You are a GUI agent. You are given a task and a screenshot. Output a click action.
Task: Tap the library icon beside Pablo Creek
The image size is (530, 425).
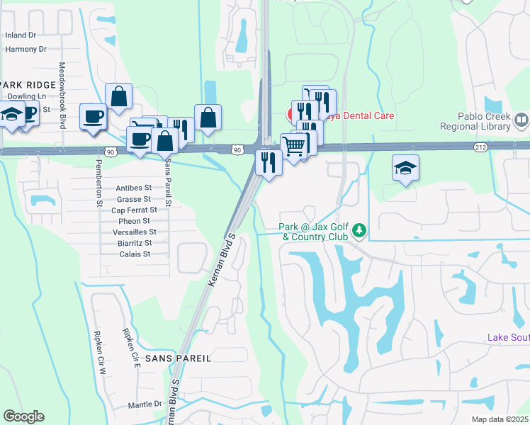click(522, 121)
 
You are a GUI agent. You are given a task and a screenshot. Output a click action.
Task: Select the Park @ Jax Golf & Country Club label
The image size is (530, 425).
click(312, 232)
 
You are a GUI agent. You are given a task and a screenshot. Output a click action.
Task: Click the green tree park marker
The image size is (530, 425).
click(360, 230)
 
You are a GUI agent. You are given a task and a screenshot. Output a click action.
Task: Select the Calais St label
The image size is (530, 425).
click(135, 254)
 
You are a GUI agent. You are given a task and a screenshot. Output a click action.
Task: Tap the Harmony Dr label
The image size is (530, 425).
click(26, 49)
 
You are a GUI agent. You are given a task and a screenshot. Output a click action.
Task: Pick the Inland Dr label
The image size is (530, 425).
click(20, 35)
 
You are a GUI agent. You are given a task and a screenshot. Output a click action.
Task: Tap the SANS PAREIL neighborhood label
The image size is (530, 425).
click(178, 358)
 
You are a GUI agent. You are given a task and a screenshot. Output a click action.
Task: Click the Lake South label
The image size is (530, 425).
click(508, 338)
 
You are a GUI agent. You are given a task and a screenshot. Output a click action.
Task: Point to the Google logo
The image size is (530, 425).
click(23, 416)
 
